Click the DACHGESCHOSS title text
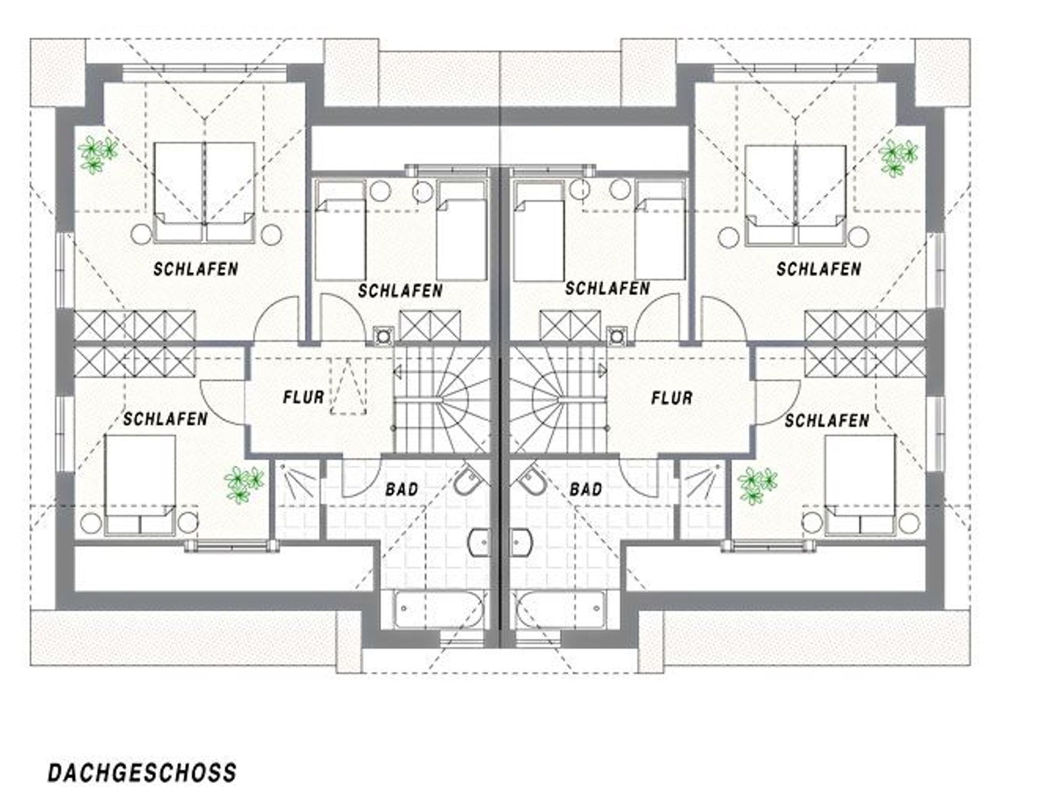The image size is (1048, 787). (x=142, y=772)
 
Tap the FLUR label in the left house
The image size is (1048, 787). (x=303, y=397)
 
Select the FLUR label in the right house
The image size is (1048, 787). (x=671, y=398)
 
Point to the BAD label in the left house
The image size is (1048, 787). (x=402, y=489)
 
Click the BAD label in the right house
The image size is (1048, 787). (x=586, y=490)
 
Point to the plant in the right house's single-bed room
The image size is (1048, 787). (x=757, y=485)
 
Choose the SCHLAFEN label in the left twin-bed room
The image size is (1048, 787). (x=400, y=291)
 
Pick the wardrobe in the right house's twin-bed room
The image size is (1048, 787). (x=570, y=325)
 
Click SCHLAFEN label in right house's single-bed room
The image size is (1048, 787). (x=827, y=421)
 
